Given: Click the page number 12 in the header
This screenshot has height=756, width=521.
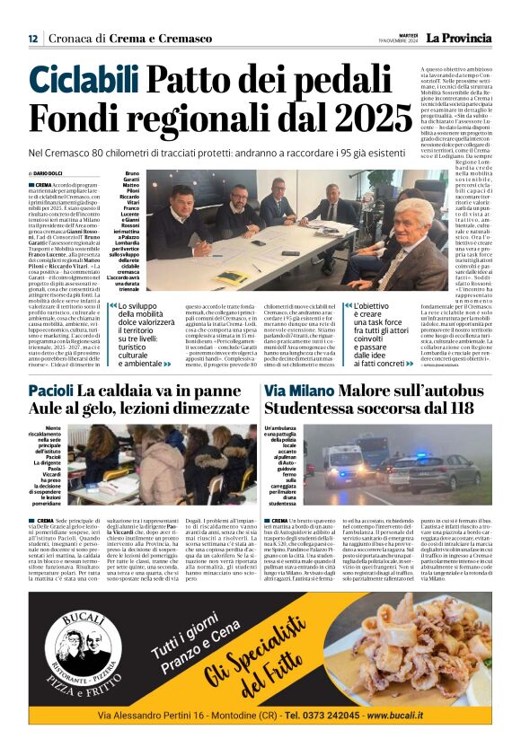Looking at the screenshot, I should click(32, 38).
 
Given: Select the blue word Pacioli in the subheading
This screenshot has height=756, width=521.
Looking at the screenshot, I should click(50, 391).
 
